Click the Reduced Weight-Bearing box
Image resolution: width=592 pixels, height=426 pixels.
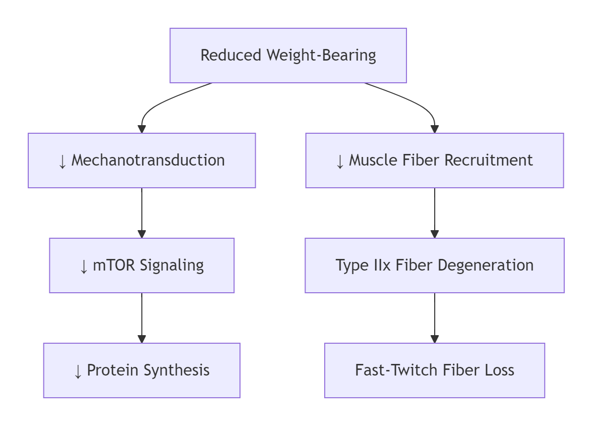click(288, 56)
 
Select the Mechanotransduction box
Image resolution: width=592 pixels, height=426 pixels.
click(142, 161)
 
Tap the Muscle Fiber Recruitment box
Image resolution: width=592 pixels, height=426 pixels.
click(435, 161)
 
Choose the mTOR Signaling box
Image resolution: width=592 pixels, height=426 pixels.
click(142, 265)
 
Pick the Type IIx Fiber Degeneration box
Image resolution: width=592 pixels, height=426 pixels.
click(435, 265)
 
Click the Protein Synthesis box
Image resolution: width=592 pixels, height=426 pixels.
click(142, 370)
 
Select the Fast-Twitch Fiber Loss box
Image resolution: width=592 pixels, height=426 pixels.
click(435, 370)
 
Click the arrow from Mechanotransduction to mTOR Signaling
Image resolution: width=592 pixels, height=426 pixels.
click(142, 213)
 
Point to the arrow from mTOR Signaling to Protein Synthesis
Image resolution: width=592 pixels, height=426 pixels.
click(142, 318)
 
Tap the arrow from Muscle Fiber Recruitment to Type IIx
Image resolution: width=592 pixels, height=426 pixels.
click(435, 213)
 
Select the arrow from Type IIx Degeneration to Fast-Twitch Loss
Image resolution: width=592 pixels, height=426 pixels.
click(435, 318)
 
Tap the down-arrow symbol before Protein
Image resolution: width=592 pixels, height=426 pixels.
click(78, 371)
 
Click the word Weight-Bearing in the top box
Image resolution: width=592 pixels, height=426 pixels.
click(321, 56)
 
